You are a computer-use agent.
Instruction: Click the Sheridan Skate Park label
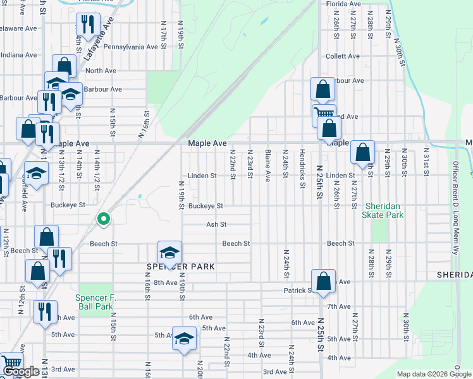click(383, 211)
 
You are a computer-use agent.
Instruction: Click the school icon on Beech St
click(170, 253)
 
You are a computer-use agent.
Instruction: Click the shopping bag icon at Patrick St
click(323, 281)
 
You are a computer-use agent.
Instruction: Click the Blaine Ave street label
click(268, 164)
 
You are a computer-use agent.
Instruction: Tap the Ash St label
click(216, 224)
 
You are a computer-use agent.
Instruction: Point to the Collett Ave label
click(342, 56)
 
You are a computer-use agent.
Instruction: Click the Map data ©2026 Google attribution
click(433, 374)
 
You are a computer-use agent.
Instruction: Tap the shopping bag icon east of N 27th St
click(362, 153)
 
